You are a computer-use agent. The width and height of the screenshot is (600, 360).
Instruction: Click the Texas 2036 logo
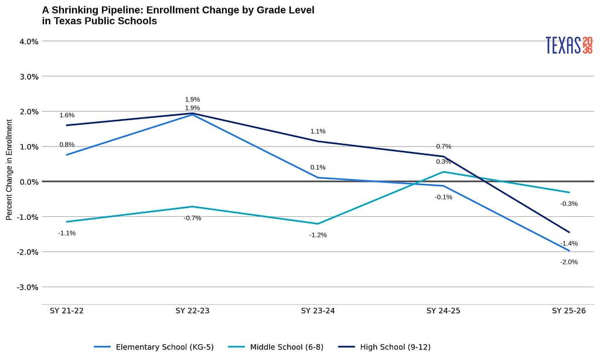[x=568, y=45]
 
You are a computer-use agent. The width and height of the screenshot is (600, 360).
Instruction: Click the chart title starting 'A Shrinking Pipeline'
[x=178, y=16]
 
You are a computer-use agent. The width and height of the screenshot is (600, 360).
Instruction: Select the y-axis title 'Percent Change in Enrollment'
[x=9, y=169]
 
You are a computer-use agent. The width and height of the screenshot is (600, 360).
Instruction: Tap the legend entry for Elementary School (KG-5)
[x=154, y=347]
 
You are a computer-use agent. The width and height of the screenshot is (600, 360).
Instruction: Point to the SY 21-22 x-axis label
[x=67, y=311]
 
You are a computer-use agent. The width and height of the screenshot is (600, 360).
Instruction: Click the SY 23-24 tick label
[x=318, y=311]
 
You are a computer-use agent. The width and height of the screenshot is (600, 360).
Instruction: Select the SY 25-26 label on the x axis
[x=568, y=311]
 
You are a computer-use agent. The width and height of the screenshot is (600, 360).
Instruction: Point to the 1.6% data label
[x=67, y=116]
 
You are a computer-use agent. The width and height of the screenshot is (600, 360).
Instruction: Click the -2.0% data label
[x=568, y=262]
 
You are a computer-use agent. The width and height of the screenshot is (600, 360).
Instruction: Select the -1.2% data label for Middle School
[x=318, y=235]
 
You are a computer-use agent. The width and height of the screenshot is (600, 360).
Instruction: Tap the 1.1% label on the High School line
[x=318, y=131]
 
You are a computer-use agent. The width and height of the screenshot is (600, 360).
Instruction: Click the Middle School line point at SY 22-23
[x=192, y=206]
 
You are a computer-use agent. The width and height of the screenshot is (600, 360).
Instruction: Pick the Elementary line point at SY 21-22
[x=67, y=155]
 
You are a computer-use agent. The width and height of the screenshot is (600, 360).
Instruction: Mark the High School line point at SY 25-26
[x=568, y=232]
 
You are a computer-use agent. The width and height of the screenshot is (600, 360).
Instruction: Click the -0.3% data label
[x=568, y=204]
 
